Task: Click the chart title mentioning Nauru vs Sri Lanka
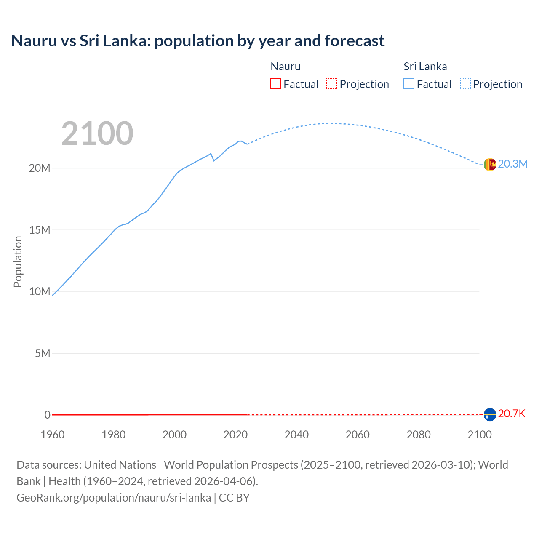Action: tap(197, 41)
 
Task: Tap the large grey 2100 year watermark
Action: tap(97, 133)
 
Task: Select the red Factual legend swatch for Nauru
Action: tap(275, 84)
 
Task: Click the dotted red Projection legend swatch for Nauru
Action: tap(332, 84)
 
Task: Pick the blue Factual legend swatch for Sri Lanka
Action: tap(409, 84)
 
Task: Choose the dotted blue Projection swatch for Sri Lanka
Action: tap(465, 84)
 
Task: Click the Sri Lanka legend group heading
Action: tap(425, 67)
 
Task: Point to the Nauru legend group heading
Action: tap(285, 67)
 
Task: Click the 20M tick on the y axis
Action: tap(40, 168)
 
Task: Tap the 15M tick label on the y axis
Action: tap(40, 230)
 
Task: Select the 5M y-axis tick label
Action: tap(43, 353)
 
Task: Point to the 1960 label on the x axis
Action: tap(53, 435)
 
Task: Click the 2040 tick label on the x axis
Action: tap(296, 435)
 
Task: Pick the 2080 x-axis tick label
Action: tap(419, 435)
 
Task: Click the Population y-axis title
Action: tap(18, 261)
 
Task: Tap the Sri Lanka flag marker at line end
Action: tap(490, 165)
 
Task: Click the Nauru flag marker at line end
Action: tap(490, 415)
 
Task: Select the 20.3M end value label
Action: tap(512, 164)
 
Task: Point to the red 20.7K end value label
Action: tap(512, 414)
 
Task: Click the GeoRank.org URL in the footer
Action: tap(114, 498)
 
